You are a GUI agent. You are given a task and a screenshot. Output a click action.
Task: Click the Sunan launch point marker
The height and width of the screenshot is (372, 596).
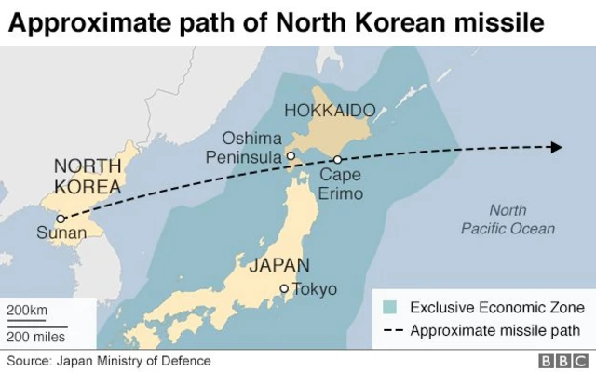61,219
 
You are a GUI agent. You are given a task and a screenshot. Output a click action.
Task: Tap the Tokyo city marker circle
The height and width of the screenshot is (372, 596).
284,288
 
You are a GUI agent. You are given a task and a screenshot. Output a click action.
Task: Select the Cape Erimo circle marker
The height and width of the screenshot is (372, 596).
338,159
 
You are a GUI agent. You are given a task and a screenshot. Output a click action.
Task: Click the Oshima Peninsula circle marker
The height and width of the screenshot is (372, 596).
291,155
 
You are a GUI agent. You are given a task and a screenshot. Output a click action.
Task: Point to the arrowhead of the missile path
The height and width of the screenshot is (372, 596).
556,147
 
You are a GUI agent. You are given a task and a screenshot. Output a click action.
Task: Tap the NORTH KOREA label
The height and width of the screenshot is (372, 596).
88,176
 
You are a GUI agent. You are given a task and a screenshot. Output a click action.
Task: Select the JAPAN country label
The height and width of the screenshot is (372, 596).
278,265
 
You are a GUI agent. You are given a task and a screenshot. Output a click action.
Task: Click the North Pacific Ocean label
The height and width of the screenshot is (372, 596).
508,219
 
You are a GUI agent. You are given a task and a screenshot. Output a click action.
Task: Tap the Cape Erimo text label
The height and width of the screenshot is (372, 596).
341,184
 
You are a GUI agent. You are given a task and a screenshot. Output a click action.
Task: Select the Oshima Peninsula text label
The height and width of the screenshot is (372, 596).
247,148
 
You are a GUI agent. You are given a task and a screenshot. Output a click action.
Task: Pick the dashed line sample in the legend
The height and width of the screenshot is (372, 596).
391,330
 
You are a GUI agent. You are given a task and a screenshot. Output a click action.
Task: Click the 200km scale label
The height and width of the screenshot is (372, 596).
27,310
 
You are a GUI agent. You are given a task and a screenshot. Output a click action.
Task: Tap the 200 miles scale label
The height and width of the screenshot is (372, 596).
36,336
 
